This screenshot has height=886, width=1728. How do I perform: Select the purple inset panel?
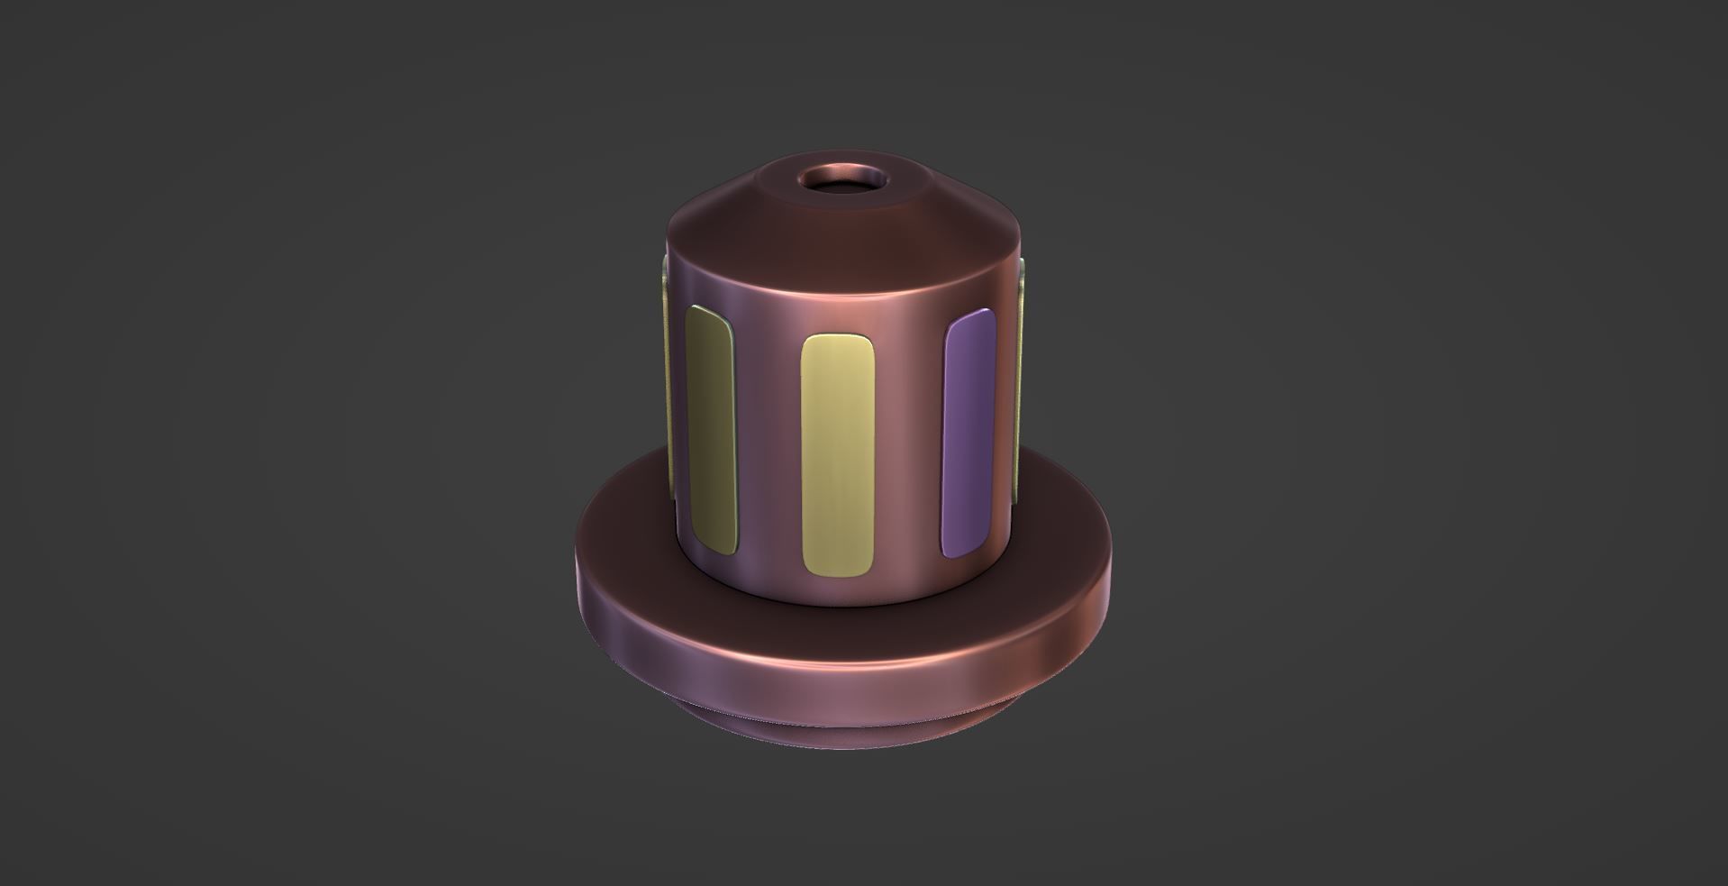[968, 433]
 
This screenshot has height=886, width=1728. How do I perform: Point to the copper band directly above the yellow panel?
[837, 302]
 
